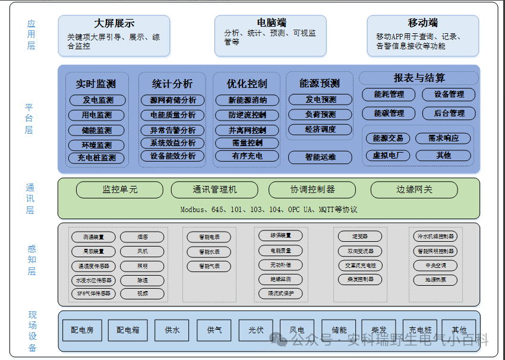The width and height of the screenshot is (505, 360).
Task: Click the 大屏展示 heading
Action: (x=114, y=24)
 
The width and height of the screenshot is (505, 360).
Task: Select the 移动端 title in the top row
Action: (x=422, y=23)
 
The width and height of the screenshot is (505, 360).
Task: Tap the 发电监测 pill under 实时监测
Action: (x=97, y=100)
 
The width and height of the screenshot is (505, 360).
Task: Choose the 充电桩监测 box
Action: (x=97, y=158)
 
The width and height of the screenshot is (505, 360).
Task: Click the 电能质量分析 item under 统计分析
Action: (x=172, y=115)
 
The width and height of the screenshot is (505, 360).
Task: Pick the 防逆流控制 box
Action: (x=247, y=115)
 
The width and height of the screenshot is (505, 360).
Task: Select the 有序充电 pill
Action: (x=247, y=156)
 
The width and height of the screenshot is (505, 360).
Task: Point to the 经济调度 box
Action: (x=320, y=129)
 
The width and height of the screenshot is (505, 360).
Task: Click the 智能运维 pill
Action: (x=320, y=157)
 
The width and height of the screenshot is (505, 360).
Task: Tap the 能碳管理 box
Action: (x=389, y=113)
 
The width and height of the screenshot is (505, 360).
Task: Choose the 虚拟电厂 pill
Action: (x=389, y=156)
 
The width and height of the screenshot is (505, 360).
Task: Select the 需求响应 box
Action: (x=443, y=138)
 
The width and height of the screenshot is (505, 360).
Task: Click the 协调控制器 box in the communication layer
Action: (x=312, y=190)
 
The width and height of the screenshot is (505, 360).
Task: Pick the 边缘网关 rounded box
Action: (x=414, y=190)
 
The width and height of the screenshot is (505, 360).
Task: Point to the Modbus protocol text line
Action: (x=269, y=210)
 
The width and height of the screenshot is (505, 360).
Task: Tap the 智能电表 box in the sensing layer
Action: (x=209, y=237)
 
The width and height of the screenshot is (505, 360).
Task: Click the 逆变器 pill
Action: (x=360, y=236)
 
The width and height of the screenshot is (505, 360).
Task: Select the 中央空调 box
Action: (x=435, y=265)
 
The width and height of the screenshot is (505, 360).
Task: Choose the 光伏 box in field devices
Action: (x=256, y=330)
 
